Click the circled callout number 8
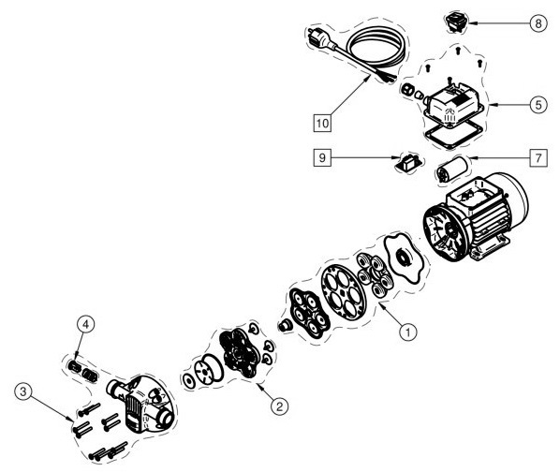point(538,23)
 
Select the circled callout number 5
point(538,105)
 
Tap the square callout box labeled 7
point(538,157)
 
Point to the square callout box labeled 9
point(322,157)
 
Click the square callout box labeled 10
point(322,124)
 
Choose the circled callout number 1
point(408,332)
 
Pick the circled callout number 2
point(280,406)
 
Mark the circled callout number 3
point(23,391)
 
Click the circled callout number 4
point(86,325)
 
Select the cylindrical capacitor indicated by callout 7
point(452,170)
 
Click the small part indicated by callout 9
point(408,163)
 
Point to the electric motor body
point(476,217)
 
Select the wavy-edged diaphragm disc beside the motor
point(405,258)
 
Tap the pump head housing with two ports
point(142,403)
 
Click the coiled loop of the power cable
point(377,48)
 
